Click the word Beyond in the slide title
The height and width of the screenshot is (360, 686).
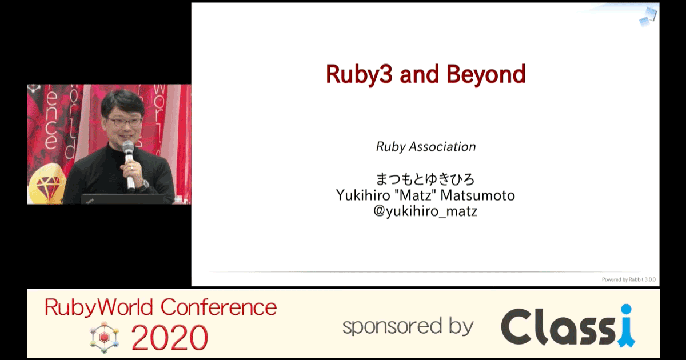pyautogui.click(x=486, y=74)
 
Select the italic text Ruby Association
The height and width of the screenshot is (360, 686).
pyautogui.click(x=426, y=147)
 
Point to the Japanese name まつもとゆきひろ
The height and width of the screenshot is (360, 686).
pyautogui.click(x=425, y=179)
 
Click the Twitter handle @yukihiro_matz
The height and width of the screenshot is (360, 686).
pyautogui.click(x=425, y=211)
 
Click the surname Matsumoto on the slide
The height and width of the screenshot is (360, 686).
pyautogui.click(x=477, y=195)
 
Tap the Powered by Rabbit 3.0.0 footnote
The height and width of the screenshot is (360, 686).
pyautogui.click(x=629, y=279)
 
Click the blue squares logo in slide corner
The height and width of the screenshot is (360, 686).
pyautogui.click(x=648, y=17)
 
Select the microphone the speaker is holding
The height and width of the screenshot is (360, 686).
pyautogui.click(x=129, y=163)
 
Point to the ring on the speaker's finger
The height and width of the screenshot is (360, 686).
pyautogui.click(x=132, y=168)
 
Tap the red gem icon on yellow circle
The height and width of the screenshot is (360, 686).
pyautogui.click(x=48, y=185)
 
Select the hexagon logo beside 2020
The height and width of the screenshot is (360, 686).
pyautogui.click(x=104, y=337)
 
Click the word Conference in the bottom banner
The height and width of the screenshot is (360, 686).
pyautogui.click(x=218, y=307)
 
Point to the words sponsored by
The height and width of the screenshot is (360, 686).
pyautogui.click(x=408, y=326)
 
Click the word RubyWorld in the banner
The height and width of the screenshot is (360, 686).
pyautogui.click(x=99, y=307)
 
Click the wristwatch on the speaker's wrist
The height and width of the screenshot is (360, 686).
pyautogui.click(x=145, y=184)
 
